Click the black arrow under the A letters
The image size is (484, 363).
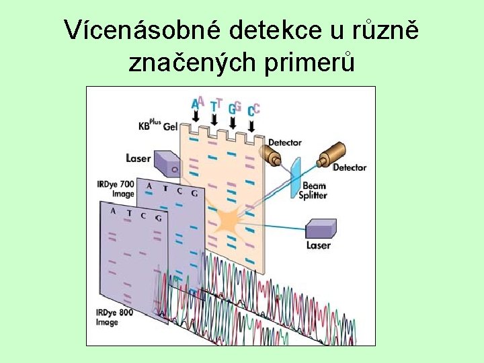[196, 117]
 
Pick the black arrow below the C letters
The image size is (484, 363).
[251, 125]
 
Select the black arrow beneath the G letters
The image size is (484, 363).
[233, 122]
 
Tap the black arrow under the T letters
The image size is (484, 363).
[214, 120]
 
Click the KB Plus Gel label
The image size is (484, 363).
[158, 126]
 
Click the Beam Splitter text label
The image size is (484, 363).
[313, 190]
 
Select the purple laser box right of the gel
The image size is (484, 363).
[321, 227]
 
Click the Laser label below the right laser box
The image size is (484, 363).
[319, 246]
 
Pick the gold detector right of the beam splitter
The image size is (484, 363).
[331, 155]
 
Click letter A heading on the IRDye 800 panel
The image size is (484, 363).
[114, 211]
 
